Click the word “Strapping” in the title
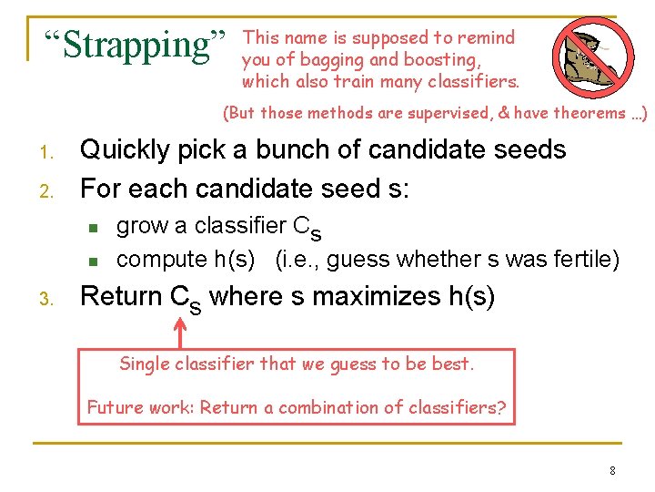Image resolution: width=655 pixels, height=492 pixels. click(136, 43)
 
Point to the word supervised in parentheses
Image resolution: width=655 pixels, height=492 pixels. click(446, 114)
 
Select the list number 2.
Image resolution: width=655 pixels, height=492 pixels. click(52, 190)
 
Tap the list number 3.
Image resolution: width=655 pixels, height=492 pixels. click(52, 299)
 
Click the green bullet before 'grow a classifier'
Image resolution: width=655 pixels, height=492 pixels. click(92, 227)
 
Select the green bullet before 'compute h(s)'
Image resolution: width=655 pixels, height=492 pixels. click(92, 261)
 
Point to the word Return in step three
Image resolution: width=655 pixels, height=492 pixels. click(121, 297)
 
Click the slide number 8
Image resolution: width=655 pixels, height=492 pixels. click(612, 471)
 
